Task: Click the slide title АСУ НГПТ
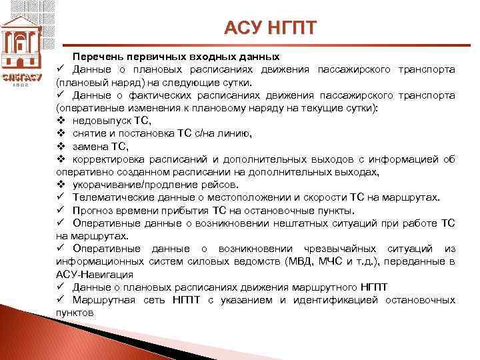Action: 271,28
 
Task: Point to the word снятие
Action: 90,133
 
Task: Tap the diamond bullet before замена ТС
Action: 61,146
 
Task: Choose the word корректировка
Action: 109,159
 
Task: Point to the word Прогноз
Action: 94,210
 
